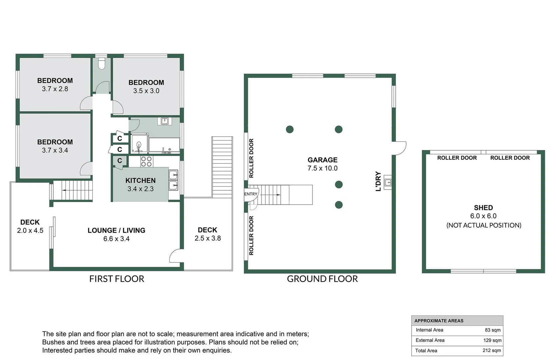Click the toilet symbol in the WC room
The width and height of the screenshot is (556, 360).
pos(102,64)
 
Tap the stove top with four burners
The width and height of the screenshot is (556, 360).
pos(146,161)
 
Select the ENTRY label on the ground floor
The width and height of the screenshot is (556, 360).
pos(251,194)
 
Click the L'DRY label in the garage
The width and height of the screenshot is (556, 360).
pos(378,181)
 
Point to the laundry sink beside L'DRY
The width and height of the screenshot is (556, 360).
pos(388,182)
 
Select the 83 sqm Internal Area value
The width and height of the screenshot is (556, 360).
pos(492,330)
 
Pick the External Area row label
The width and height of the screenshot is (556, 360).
pos(430,340)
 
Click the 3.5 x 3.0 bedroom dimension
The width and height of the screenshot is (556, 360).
pos(146,91)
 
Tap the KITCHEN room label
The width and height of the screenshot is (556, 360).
pos(140,180)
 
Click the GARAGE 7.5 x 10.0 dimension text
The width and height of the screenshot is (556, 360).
pos(322,168)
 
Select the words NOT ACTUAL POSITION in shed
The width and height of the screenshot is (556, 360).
pos(483,225)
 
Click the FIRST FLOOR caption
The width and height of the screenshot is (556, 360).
pos(117,279)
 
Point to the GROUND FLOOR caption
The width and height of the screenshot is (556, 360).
pos(322,279)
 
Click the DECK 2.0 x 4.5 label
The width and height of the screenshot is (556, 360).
pos(30,226)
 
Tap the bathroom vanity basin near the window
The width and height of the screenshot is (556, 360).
pos(164,121)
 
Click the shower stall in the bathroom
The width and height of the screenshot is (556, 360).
pos(139,144)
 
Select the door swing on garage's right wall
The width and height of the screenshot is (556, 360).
pos(400,148)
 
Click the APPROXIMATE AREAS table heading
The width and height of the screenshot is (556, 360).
pos(439,321)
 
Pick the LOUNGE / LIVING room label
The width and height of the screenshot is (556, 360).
pos(116,230)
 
